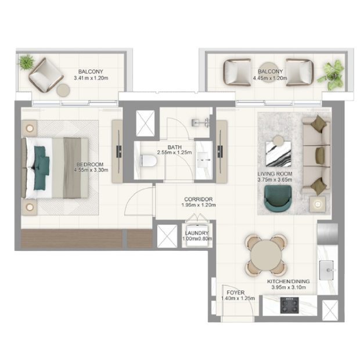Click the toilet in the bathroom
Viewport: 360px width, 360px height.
click(x=149, y=160)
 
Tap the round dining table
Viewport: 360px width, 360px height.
click(x=267, y=255)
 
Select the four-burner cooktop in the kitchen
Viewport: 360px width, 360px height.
click(x=290, y=305)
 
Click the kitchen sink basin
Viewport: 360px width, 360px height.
click(x=326, y=270)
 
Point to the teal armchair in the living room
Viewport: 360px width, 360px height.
click(x=278, y=198)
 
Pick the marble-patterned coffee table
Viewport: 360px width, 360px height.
click(x=278, y=154)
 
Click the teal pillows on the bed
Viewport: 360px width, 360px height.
click(x=41, y=168)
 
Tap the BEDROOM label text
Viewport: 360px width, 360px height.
click(x=90, y=164)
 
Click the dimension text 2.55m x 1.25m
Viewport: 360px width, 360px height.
click(x=175, y=153)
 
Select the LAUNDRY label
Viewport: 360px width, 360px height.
click(x=197, y=233)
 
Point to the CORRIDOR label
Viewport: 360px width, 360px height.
click(x=199, y=199)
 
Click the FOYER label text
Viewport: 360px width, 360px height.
click(x=236, y=293)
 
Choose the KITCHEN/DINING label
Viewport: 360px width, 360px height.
click(x=289, y=282)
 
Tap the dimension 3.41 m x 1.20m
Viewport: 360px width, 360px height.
click(x=91, y=78)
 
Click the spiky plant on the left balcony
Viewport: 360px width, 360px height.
click(x=26, y=62)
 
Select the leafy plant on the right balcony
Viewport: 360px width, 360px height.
click(x=331, y=75)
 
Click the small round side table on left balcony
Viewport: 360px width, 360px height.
click(x=63, y=90)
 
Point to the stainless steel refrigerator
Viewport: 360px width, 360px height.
click(x=327, y=234)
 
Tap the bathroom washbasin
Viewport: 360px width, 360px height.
click(x=204, y=160)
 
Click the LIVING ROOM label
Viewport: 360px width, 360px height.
click(x=275, y=174)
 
